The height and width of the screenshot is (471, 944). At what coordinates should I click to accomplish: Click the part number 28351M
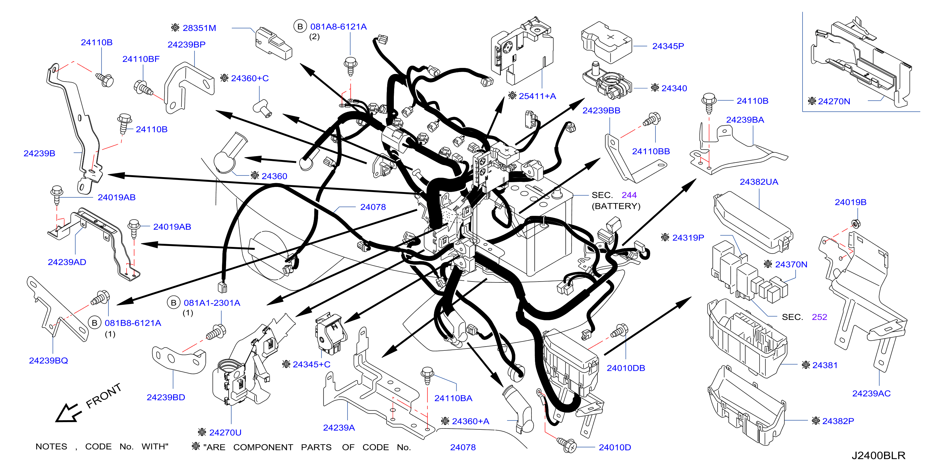click(x=199, y=28)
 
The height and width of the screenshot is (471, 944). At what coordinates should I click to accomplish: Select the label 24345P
click(x=668, y=46)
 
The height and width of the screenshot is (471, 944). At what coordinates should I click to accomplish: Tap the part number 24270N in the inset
click(x=834, y=101)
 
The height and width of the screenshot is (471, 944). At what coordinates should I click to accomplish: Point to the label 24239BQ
click(x=49, y=361)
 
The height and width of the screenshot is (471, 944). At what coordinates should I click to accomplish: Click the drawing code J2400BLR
click(x=878, y=455)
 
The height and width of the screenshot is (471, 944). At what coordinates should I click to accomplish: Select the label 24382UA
click(x=758, y=182)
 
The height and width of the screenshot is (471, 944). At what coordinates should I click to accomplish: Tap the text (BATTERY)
click(x=616, y=206)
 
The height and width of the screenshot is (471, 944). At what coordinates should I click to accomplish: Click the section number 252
click(x=819, y=317)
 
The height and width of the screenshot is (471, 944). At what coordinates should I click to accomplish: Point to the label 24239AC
click(x=871, y=394)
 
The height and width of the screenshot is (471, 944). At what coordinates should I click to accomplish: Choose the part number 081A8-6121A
click(x=338, y=27)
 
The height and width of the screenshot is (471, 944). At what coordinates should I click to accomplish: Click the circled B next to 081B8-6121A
click(x=94, y=323)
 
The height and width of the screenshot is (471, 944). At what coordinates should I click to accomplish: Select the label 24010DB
click(x=626, y=368)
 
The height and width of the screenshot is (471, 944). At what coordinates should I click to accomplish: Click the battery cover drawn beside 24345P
click(x=606, y=42)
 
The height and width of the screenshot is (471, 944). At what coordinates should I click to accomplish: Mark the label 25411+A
click(x=537, y=96)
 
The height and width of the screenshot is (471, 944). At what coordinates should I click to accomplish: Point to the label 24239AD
click(x=67, y=262)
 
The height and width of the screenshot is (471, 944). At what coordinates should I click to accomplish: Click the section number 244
click(x=629, y=195)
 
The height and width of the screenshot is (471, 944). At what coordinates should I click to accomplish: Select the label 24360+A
click(x=471, y=421)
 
